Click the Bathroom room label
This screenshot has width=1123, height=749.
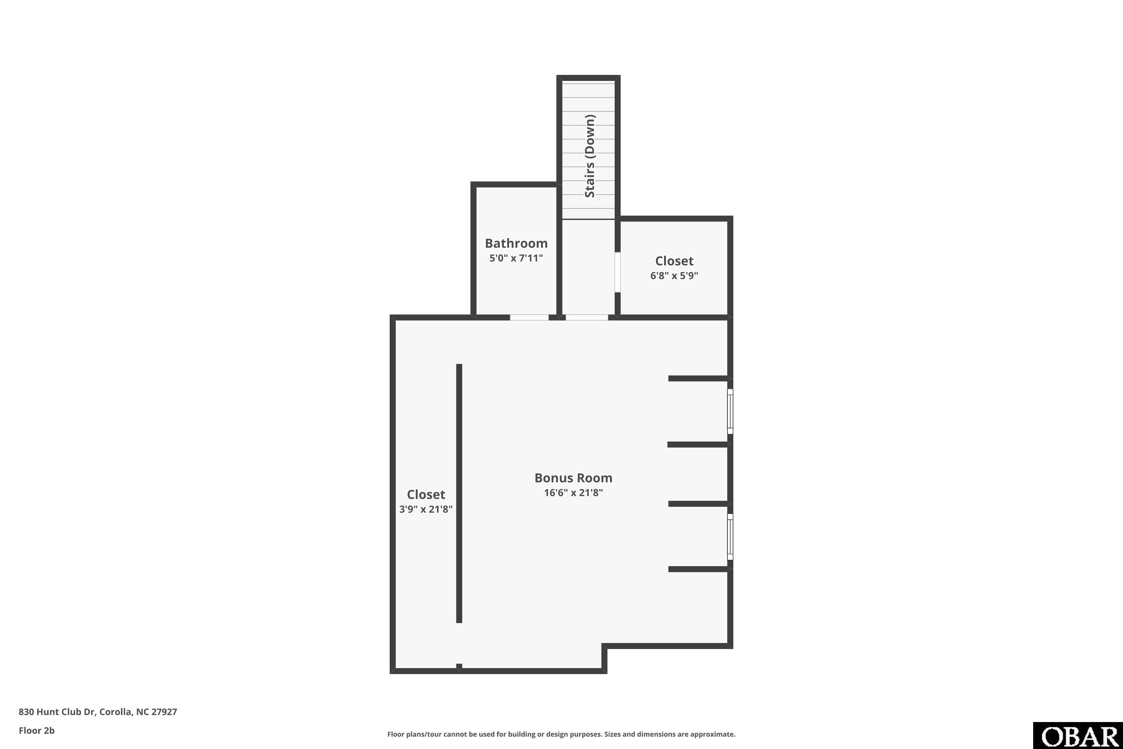516,243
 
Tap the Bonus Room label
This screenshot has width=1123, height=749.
573,478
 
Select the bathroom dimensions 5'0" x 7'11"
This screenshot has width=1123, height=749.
516,258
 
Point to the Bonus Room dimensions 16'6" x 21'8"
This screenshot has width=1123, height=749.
573,492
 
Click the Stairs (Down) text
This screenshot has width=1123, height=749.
590,156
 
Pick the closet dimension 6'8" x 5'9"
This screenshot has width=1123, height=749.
674,276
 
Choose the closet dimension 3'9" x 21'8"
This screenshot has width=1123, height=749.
426,509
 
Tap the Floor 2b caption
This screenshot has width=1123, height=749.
37,730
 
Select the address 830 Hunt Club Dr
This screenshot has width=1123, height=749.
57,712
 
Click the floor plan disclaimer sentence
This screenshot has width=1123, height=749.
561,734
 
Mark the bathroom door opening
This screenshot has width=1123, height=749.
529,317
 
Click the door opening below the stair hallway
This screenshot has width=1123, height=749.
587,317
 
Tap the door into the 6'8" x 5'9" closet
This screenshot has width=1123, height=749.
617,272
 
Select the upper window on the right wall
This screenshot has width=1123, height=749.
730,411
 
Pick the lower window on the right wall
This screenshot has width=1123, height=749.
730,536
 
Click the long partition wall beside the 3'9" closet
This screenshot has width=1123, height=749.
459,494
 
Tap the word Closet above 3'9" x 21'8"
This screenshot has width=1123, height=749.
426,494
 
